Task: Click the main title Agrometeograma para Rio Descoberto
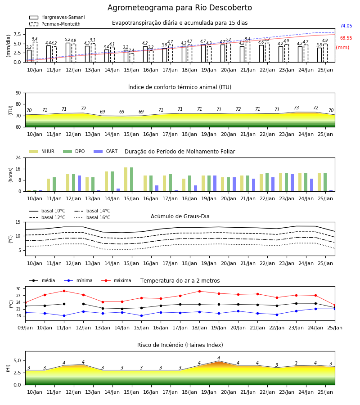click(x=180, y=8)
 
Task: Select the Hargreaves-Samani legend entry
click(x=57, y=17)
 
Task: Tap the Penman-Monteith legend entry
click(x=55, y=24)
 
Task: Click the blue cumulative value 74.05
click(x=346, y=26)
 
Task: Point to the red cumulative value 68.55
click(x=346, y=38)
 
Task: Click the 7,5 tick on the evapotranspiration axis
click(x=17, y=34)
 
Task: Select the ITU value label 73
click(x=296, y=108)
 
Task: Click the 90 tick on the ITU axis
click(x=18, y=93)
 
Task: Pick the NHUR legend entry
click(x=42, y=151)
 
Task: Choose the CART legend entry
click(x=106, y=151)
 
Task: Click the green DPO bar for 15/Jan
click(x=132, y=180)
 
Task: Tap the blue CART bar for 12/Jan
click(x=80, y=184)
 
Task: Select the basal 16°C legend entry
click(x=92, y=217)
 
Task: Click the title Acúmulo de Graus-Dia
click(x=180, y=216)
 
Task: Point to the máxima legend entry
click(x=116, y=280)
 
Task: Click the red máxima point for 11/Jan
click(x=64, y=291)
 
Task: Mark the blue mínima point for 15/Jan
click(x=141, y=315)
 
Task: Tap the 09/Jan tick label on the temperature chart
click(x=25, y=328)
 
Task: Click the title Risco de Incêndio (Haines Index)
click(x=180, y=345)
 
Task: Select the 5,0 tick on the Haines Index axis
click(x=17, y=361)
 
